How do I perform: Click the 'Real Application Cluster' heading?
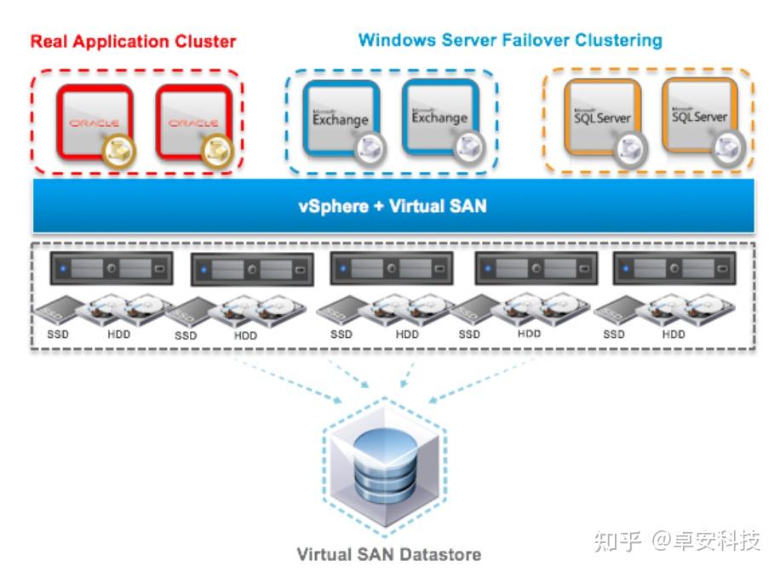(x=133, y=41)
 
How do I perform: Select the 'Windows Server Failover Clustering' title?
(x=510, y=40)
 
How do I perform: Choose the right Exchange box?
(x=439, y=117)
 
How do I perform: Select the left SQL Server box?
(x=601, y=117)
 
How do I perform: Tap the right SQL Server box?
(x=699, y=115)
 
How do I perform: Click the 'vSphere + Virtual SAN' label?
(x=393, y=205)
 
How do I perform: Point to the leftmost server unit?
(x=112, y=268)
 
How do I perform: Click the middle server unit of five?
(x=390, y=268)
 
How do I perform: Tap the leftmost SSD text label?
(x=58, y=335)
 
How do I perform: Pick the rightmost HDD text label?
(x=674, y=335)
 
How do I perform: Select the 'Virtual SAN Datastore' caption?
(x=389, y=554)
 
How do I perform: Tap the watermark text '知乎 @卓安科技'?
(x=677, y=541)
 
